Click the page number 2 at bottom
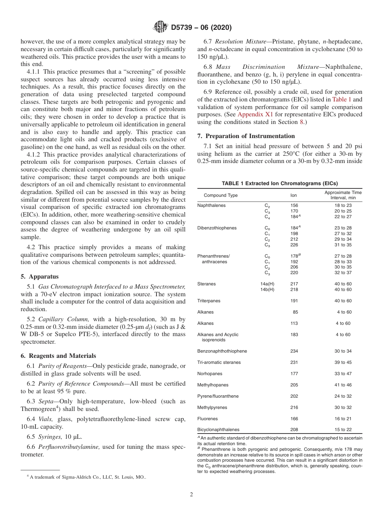191,495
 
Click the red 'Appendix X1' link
255,114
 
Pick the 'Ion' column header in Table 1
293,195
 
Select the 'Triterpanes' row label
208,301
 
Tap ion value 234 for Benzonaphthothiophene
294,351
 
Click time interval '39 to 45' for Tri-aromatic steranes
343,362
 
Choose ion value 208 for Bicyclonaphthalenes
294,430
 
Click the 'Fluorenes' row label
207,419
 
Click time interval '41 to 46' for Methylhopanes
343,385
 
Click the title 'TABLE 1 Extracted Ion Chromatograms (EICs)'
279,183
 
